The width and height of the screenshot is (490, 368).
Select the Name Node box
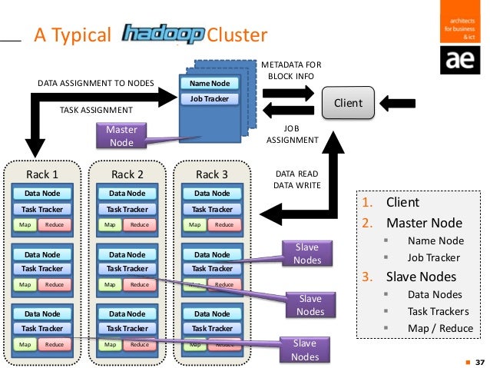click(210, 84)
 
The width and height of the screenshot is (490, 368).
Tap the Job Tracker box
click(210, 99)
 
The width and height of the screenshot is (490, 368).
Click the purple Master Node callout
click(121, 136)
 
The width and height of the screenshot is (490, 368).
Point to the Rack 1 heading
click(41, 174)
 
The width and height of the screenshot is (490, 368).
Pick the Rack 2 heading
click(127, 174)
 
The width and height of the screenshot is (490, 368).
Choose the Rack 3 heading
click(212, 174)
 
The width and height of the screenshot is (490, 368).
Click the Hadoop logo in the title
click(163, 35)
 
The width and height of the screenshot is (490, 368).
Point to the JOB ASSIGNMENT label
click(291, 134)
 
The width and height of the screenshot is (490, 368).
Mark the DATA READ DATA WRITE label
click(296, 180)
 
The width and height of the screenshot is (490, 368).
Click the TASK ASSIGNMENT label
click(95, 110)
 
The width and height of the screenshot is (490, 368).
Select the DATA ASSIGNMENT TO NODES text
click(95, 82)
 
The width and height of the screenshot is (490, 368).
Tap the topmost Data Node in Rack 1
click(43, 194)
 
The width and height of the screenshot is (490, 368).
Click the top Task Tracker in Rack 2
click(127, 208)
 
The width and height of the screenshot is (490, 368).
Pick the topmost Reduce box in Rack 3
click(223, 224)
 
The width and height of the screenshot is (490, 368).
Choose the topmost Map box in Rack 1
click(25, 224)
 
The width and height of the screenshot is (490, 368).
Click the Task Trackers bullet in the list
click(439, 311)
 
